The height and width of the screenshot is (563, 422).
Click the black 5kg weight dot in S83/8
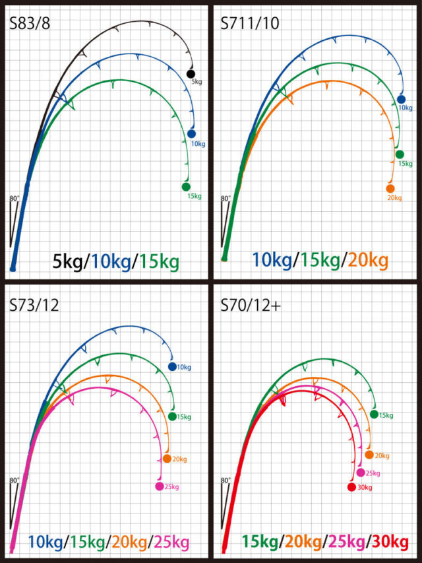click(x=191, y=74)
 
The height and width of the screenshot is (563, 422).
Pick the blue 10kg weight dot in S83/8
click(x=191, y=133)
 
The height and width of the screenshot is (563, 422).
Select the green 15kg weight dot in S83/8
click(x=186, y=187)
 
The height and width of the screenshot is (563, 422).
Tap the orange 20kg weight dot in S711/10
click(x=390, y=189)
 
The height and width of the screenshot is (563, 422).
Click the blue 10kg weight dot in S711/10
click(x=402, y=100)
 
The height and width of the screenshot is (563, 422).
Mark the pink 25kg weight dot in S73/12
click(x=159, y=487)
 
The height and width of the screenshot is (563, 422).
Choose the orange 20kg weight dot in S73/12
click(x=167, y=459)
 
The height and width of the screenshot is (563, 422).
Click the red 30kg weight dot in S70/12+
click(x=351, y=488)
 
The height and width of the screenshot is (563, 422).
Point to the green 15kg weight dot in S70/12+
click(x=374, y=414)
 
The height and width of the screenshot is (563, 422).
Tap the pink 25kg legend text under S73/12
click(x=171, y=543)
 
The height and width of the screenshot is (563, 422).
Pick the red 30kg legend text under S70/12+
click(x=390, y=543)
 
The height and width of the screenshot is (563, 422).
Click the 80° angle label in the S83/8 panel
click(x=15, y=198)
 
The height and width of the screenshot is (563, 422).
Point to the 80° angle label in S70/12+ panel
click(x=226, y=480)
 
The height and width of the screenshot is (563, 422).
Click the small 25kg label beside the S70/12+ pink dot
click(x=373, y=473)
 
